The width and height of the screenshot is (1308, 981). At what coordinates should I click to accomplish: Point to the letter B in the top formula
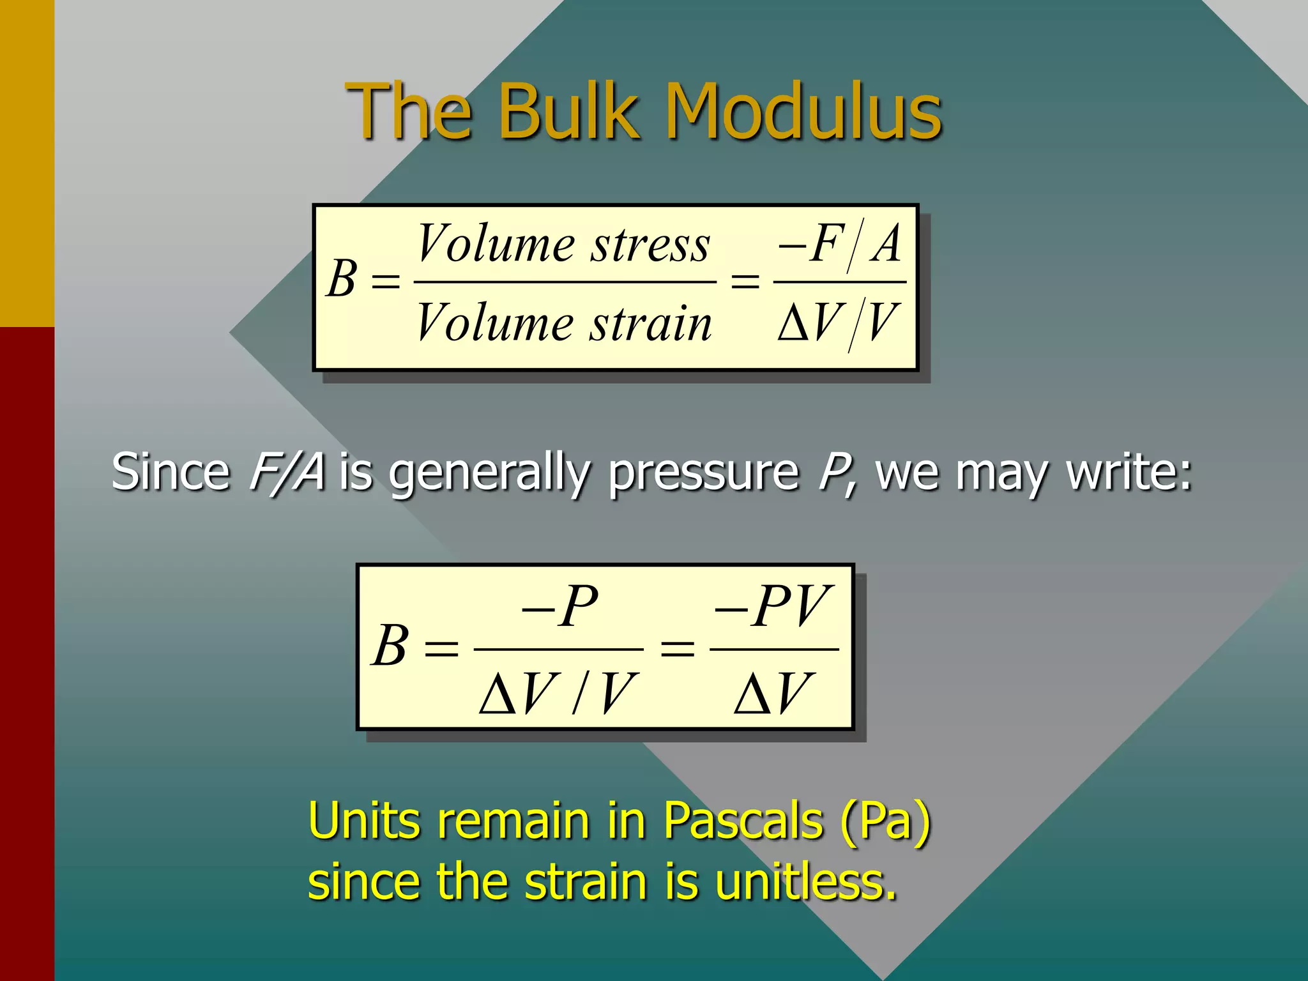click(342, 279)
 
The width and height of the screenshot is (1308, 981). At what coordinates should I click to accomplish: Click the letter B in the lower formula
click(390, 646)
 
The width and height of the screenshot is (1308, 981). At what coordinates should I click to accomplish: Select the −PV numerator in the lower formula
click(772, 605)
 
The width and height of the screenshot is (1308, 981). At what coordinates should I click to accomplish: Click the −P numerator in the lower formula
click(559, 605)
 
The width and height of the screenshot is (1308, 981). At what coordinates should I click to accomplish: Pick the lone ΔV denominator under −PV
click(773, 694)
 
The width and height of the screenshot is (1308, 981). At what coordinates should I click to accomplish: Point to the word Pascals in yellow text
click(743, 821)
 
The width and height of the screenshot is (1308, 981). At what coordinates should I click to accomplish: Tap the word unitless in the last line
click(805, 882)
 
